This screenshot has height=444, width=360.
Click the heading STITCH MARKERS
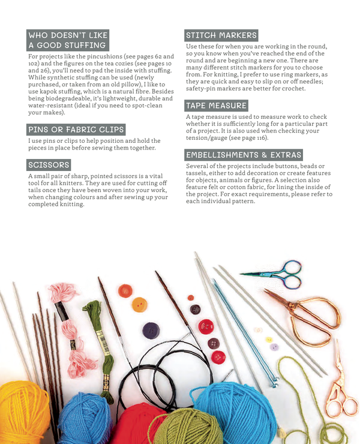pos(221,35)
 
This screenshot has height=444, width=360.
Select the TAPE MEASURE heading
pos(216,106)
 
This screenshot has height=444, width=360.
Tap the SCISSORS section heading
pos(49,164)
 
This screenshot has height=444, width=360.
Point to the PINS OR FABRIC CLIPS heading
pos(76,130)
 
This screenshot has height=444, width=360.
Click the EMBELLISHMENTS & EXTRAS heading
pos(244,155)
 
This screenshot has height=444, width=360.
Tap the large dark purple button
pos(151,331)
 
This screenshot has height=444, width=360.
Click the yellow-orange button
pos(140,305)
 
